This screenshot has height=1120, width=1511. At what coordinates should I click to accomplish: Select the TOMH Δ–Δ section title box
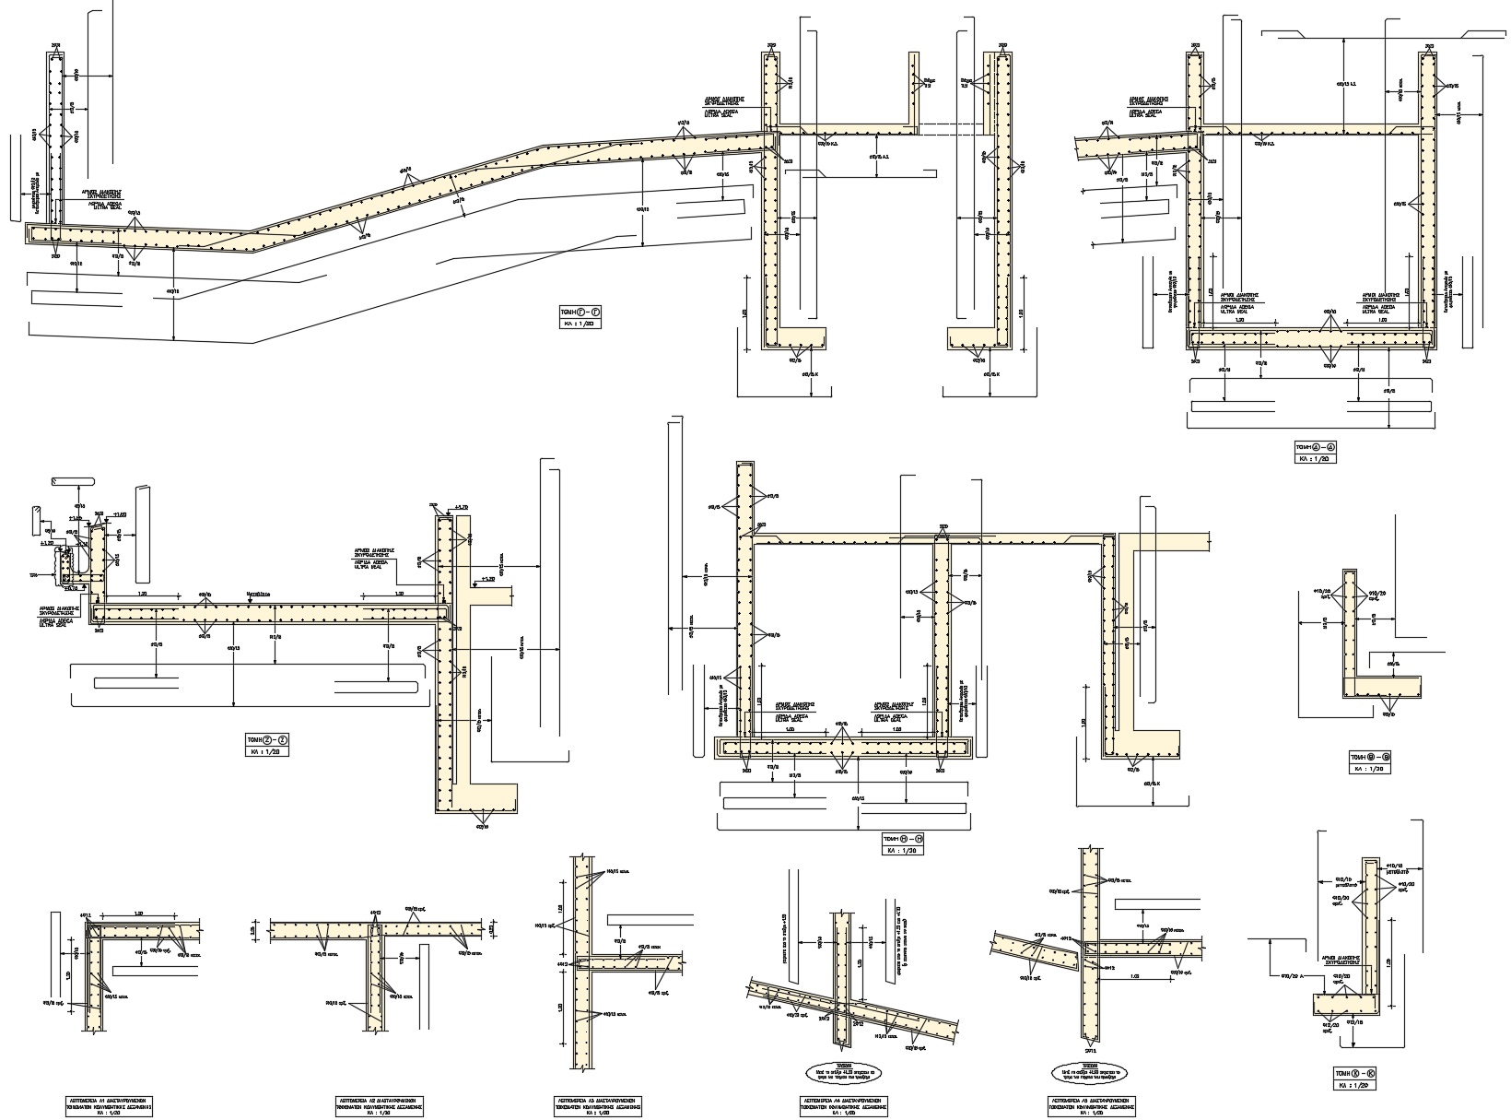[x=1316, y=447]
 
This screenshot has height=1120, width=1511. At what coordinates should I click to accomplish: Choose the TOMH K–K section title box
[x=1353, y=1074]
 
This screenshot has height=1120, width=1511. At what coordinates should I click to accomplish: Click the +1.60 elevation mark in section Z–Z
[x=120, y=514]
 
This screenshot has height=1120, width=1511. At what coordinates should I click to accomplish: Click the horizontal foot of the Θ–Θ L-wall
[x=1383, y=687]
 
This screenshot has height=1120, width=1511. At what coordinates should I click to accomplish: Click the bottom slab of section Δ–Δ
[x=1312, y=338]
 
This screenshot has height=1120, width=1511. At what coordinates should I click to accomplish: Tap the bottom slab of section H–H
[x=844, y=747]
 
